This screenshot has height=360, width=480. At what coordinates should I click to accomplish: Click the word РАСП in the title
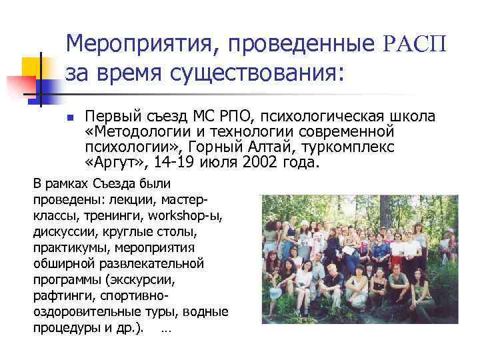[x=415, y=45]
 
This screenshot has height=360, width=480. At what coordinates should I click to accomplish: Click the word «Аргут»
[x=113, y=162]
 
